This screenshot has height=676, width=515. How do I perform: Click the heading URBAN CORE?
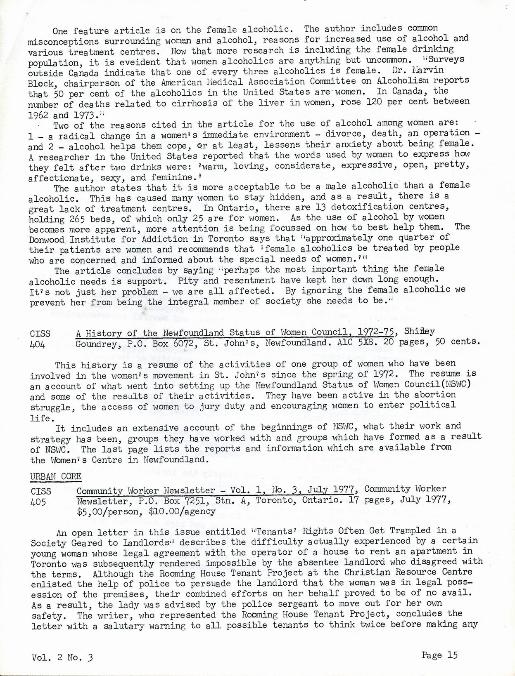tap(56, 476)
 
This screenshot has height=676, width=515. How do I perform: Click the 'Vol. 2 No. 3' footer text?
tap(62, 657)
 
